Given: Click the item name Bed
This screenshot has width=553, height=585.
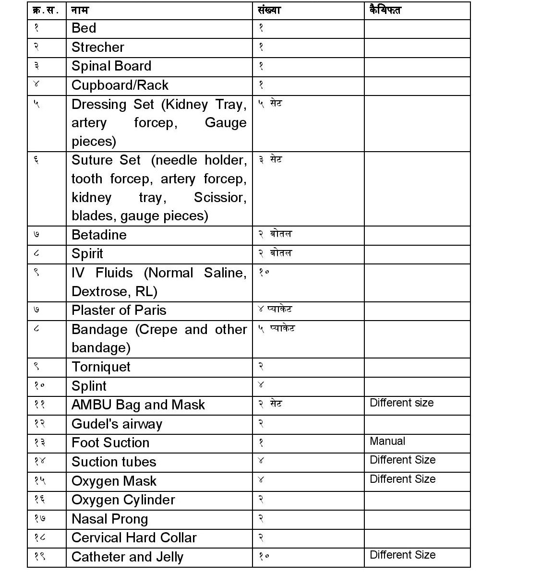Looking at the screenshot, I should coord(84,28).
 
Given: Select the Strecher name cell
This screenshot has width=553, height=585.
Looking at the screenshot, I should coord(97,48).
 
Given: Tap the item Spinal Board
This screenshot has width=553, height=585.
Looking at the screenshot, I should coord(111,66).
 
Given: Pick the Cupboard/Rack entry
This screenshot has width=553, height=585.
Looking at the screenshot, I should coord(120,85).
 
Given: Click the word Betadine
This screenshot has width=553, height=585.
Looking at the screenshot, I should coord(99,235).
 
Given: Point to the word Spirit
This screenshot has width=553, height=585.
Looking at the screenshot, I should coord(87,254).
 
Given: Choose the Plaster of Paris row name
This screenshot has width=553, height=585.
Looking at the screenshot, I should coord(119,310).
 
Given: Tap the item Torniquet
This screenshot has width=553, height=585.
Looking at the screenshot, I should coord(101,367).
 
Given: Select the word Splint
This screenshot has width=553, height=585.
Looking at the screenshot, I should coord(89,386).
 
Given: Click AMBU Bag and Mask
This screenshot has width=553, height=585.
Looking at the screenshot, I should coord(138,405).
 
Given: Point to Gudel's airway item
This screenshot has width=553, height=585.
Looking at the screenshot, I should coord(117,424).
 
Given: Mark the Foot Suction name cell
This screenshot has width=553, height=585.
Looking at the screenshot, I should coord(110,443).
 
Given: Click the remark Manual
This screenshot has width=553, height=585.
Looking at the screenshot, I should coord(387,441).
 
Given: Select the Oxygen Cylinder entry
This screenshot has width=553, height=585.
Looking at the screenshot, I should coord(123,500).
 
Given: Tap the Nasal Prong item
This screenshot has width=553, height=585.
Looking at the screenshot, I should coord(109,519).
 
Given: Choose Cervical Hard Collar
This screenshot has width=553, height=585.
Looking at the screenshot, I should coord(134,538).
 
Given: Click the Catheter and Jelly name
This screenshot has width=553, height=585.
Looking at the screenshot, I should coord(127,557).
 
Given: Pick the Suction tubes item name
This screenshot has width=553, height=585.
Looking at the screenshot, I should coord(114,462).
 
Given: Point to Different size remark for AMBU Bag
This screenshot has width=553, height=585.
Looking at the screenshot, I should coord(401,403).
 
